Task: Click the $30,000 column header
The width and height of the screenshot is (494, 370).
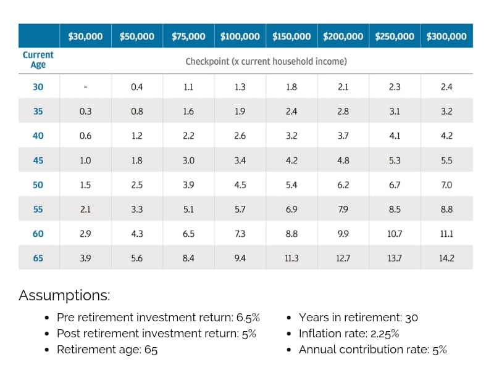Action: (85, 36)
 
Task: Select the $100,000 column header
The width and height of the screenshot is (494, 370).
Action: (240, 36)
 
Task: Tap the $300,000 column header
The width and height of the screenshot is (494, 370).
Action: (446, 36)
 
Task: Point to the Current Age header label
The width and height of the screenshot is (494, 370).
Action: (38, 60)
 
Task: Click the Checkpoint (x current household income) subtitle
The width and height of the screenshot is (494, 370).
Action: (266, 62)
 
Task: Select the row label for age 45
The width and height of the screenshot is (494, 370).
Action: (38, 160)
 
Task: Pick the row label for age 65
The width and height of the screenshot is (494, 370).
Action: (38, 258)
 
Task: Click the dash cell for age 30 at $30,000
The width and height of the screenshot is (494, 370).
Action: (85, 88)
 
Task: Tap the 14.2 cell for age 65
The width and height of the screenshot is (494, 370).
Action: (446, 258)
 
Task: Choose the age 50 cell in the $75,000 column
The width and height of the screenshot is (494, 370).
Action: (188, 185)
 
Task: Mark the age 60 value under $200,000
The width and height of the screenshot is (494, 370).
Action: (343, 234)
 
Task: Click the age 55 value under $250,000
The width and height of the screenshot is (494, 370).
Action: (395, 210)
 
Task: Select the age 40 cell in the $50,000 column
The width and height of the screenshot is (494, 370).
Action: (137, 136)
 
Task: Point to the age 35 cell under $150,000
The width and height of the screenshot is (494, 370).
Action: (291, 112)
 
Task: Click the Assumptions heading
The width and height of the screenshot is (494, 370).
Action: (64, 295)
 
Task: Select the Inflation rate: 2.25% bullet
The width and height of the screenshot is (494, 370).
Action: (348, 334)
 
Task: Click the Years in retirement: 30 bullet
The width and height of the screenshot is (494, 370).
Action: (358, 318)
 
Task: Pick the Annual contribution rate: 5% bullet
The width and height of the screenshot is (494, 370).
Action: (372, 350)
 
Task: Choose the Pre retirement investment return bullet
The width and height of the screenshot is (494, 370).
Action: (158, 318)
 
